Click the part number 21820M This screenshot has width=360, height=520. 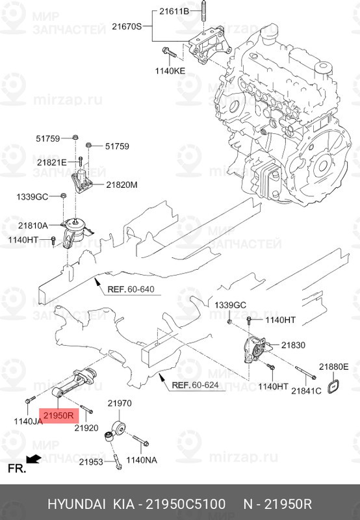tap(123, 185)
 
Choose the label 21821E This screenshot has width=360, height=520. tap(51, 162)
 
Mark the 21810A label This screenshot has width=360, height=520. tap(32, 226)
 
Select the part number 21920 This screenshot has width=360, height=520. tap(86, 429)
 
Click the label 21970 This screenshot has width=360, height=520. tap(119, 404)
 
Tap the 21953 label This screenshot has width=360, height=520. tap(91, 462)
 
